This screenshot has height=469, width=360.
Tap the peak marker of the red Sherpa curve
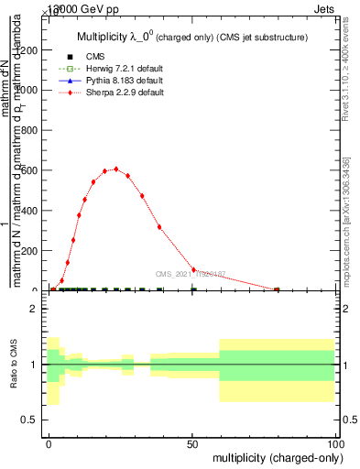116,169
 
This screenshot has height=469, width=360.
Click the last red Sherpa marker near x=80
277,289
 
